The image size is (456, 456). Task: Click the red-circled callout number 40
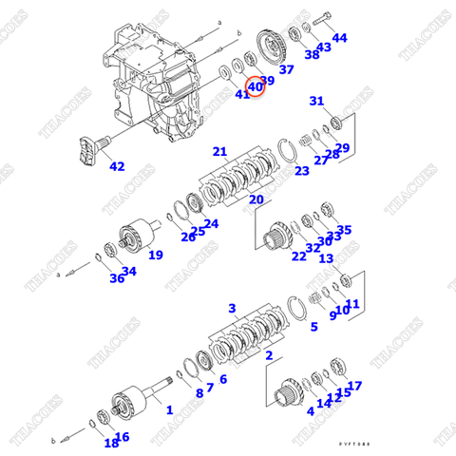pyautogui.click(x=255, y=87)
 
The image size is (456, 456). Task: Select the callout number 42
pyautogui.click(x=117, y=167)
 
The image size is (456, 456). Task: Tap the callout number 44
pyautogui.click(x=339, y=38)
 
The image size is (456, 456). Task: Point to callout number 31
pyautogui.click(x=316, y=102)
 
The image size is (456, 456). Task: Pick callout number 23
pyautogui.click(x=302, y=171)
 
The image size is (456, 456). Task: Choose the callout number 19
pyautogui.click(x=155, y=255)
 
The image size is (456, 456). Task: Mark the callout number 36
pyautogui.click(x=116, y=278)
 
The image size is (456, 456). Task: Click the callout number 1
pyautogui.click(x=169, y=410)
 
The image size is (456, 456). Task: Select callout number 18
pyautogui.click(x=110, y=443)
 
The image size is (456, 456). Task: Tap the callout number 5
pyautogui.click(x=313, y=327)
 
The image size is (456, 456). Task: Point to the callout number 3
pyautogui.click(x=231, y=309)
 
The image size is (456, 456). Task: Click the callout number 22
pyautogui.click(x=298, y=256)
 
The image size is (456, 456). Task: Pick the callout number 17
pyautogui.click(x=354, y=387)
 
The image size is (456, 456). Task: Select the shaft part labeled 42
pyautogui.click(x=90, y=150)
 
